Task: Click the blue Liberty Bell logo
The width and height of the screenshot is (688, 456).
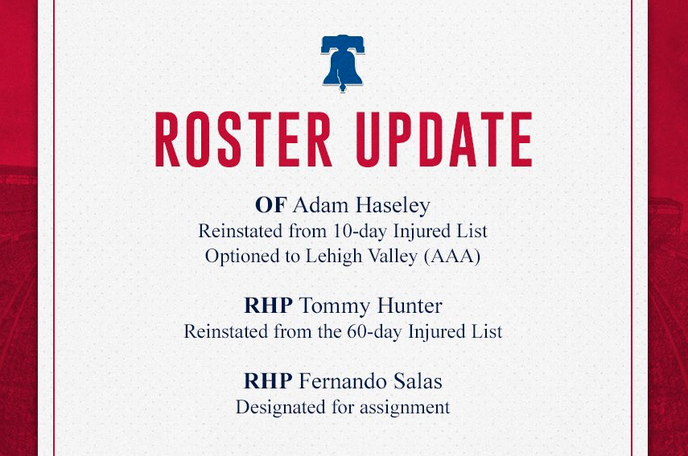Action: pos(342,63)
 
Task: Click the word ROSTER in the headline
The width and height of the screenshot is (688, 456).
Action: pos(244,139)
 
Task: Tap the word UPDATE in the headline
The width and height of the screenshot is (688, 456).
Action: pos(443,139)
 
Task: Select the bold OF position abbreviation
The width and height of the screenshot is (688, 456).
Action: pos(271,205)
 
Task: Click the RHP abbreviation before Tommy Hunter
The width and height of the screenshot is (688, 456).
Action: pos(268,306)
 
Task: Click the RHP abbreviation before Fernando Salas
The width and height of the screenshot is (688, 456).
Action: pos(268,380)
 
